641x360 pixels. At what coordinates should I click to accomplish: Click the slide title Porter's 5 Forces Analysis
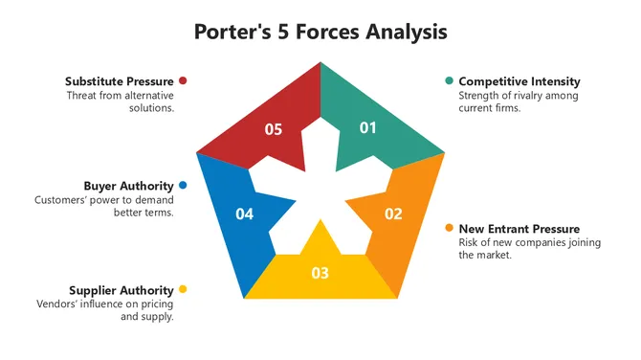(320, 32)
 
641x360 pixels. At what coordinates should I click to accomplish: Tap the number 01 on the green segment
(367, 128)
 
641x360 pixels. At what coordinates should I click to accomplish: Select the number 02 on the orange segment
(393, 214)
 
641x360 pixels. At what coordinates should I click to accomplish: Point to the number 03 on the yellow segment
(320, 273)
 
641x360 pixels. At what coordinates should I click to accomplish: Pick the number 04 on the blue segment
(245, 214)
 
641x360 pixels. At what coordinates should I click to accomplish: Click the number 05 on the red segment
(274, 129)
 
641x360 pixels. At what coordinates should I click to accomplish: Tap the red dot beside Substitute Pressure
(183, 81)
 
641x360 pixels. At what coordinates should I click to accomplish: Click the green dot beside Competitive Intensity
(449, 81)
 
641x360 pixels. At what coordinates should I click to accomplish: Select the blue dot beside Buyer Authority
(183, 186)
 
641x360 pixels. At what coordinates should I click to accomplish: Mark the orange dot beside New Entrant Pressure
(449, 229)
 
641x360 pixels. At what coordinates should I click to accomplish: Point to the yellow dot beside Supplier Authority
(183, 289)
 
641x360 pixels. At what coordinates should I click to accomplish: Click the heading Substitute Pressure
(120, 81)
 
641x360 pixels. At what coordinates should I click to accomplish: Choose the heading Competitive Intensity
(519, 81)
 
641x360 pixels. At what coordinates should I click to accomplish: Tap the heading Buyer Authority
(128, 186)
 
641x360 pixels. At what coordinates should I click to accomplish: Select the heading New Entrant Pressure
(519, 229)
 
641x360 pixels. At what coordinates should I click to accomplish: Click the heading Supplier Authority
(122, 290)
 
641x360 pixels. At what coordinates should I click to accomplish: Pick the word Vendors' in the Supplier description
(55, 304)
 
